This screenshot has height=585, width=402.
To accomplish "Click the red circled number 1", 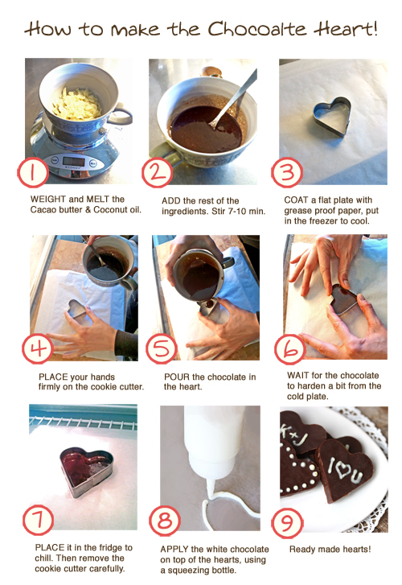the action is tap(33, 172).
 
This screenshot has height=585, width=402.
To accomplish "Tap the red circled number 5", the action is tap(161, 349).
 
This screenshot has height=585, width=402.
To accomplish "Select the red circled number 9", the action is tap(287, 522).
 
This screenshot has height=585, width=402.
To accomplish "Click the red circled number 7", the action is tap(38, 520).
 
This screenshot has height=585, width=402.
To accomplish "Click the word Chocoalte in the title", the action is tap(257, 29).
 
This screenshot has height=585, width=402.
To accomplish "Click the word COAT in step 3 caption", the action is tap(294, 200).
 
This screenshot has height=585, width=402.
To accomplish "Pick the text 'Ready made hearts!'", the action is tap(330, 549).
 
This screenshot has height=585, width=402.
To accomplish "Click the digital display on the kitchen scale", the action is tap(73, 162).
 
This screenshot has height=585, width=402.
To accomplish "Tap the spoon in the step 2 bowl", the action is tap(233, 99).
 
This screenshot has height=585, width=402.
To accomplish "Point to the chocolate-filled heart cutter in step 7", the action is tap(86, 472).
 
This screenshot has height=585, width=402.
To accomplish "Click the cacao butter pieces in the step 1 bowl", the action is tap(77, 105).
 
